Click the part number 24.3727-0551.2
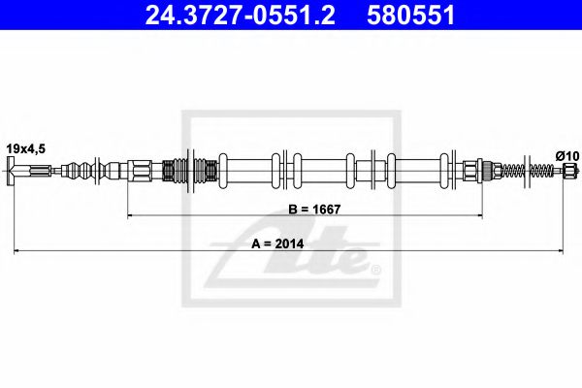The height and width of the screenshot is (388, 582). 237,16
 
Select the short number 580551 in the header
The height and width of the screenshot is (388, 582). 414,16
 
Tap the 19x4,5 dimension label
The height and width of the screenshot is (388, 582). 25,146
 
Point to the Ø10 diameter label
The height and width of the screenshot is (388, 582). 566,154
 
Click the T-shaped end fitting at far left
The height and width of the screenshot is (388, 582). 14,174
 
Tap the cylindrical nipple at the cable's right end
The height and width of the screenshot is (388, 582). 570,173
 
